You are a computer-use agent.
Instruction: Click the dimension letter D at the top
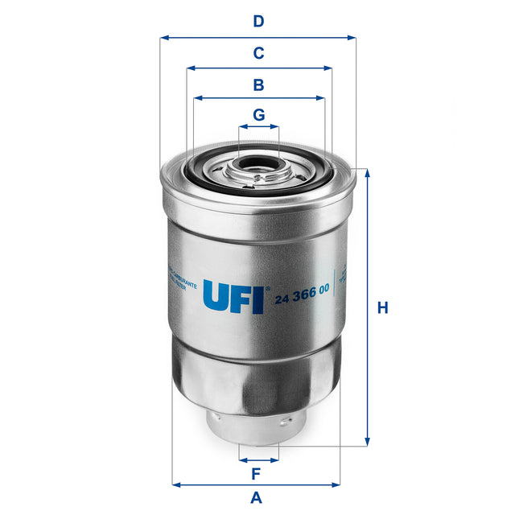[x=258, y=21]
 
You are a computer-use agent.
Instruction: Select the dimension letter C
[x=258, y=53]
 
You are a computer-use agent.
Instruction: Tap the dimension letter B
[x=258, y=84]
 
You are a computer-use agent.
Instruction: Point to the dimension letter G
[x=258, y=115]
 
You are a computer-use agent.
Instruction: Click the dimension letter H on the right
[x=383, y=307]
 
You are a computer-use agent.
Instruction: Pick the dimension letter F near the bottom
[x=257, y=472]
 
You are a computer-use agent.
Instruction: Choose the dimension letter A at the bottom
[x=257, y=497]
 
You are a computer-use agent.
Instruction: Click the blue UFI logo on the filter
[x=233, y=296]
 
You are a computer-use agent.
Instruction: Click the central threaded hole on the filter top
[x=257, y=171]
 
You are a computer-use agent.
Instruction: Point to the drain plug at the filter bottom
[x=257, y=425]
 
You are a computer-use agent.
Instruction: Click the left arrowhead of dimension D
[x=163, y=37]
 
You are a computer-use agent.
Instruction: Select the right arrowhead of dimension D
[x=352, y=37]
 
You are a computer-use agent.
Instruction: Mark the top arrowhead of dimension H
[x=368, y=173]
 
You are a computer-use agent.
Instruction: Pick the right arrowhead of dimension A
[x=337, y=484]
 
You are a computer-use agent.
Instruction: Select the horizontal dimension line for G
[x=258, y=127]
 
